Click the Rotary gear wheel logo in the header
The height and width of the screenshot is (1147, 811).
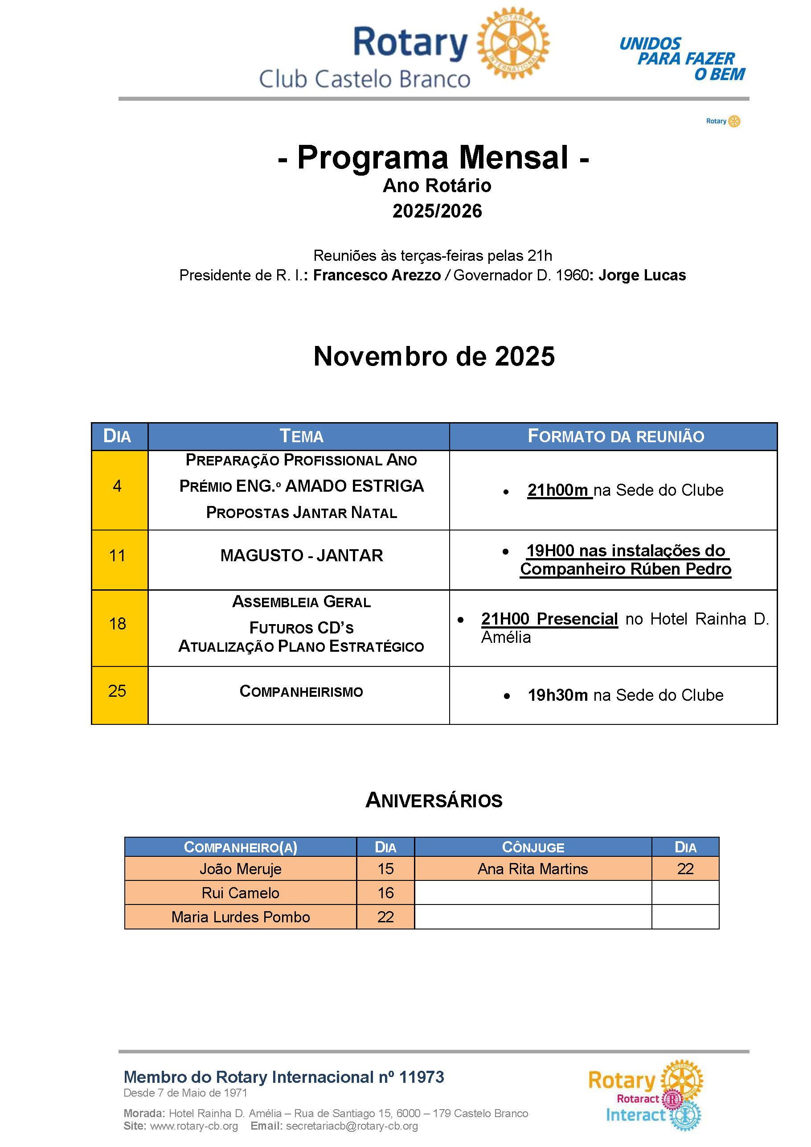[513, 43]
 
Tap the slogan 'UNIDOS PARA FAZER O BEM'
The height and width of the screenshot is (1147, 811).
[682, 59]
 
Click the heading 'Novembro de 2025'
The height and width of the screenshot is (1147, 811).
[434, 356]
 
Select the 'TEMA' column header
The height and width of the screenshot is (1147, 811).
[301, 436]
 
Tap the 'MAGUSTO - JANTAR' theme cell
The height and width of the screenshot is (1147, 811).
[301, 555]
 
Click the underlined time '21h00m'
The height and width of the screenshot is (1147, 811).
[558, 490]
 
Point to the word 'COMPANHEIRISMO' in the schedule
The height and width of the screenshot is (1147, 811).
[301, 691]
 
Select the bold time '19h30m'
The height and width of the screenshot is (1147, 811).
[558, 695]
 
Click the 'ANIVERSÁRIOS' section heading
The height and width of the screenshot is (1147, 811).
[434, 800]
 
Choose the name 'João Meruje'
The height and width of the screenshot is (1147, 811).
[240, 869]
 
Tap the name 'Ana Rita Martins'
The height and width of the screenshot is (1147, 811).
[532, 869]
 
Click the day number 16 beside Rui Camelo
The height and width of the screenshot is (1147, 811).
[385, 893]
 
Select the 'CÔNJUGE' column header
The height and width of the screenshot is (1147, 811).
[532, 847]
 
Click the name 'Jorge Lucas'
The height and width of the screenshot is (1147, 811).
[642, 275]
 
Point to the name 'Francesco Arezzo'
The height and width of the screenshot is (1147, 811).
[377, 275]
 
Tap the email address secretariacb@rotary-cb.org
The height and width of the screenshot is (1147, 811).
[352, 1126]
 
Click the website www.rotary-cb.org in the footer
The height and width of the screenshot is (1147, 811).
[194, 1126]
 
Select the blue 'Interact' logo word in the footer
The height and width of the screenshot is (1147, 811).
[635, 1115]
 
